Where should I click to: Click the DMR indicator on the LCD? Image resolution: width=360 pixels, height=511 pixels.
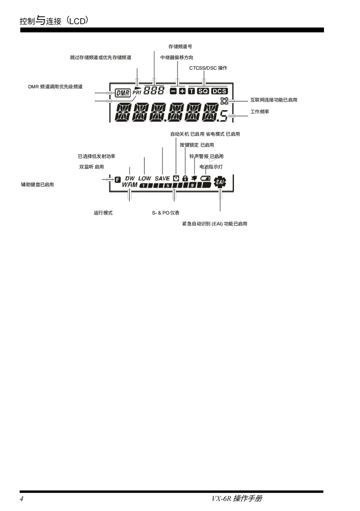pyautogui.click(x=122, y=92)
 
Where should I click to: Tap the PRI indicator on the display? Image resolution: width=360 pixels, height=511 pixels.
pyautogui.click(x=137, y=92)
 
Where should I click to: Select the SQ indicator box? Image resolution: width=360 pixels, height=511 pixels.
pyautogui.click(x=203, y=91)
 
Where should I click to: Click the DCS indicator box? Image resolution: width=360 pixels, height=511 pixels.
pyautogui.click(x=219, y=91)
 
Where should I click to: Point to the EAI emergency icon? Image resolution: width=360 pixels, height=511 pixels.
pyautogui.click(x=220, y=182)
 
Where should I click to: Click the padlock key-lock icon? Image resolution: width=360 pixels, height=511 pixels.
pyautogui.click(x=185, y=179)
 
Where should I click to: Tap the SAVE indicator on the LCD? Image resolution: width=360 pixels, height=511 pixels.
pyautogui.click(x=162, y=179)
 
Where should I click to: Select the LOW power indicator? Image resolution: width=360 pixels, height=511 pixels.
pyautogui.click(x=145, y=179)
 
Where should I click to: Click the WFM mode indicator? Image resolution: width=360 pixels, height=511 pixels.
pyautogui.click(x=130, y=185)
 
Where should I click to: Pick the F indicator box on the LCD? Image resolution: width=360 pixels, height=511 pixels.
pyautogui.click(x=117, y=179)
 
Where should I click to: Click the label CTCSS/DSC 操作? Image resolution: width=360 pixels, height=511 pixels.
pyautogui.click(x=208, y=68)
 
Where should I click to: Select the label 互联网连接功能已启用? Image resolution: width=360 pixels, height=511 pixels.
pyautogui.click(x=274, y=100)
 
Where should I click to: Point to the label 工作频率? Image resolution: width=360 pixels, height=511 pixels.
pyautogui.click(x=259, y=112)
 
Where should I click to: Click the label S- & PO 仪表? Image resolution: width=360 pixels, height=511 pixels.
pyautogui.click(x=166, y=213)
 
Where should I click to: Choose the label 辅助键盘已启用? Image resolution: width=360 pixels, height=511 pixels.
pyautogui.click(x=37, y=184)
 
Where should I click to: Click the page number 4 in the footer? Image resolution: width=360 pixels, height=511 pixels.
pyautogui.click(x=21, y=499)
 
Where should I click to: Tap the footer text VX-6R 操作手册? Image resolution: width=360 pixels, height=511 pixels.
pyautogui.click(x=237, y=499)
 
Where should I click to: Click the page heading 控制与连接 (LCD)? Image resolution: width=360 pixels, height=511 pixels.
pyautogui.click(x=54, y=21)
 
